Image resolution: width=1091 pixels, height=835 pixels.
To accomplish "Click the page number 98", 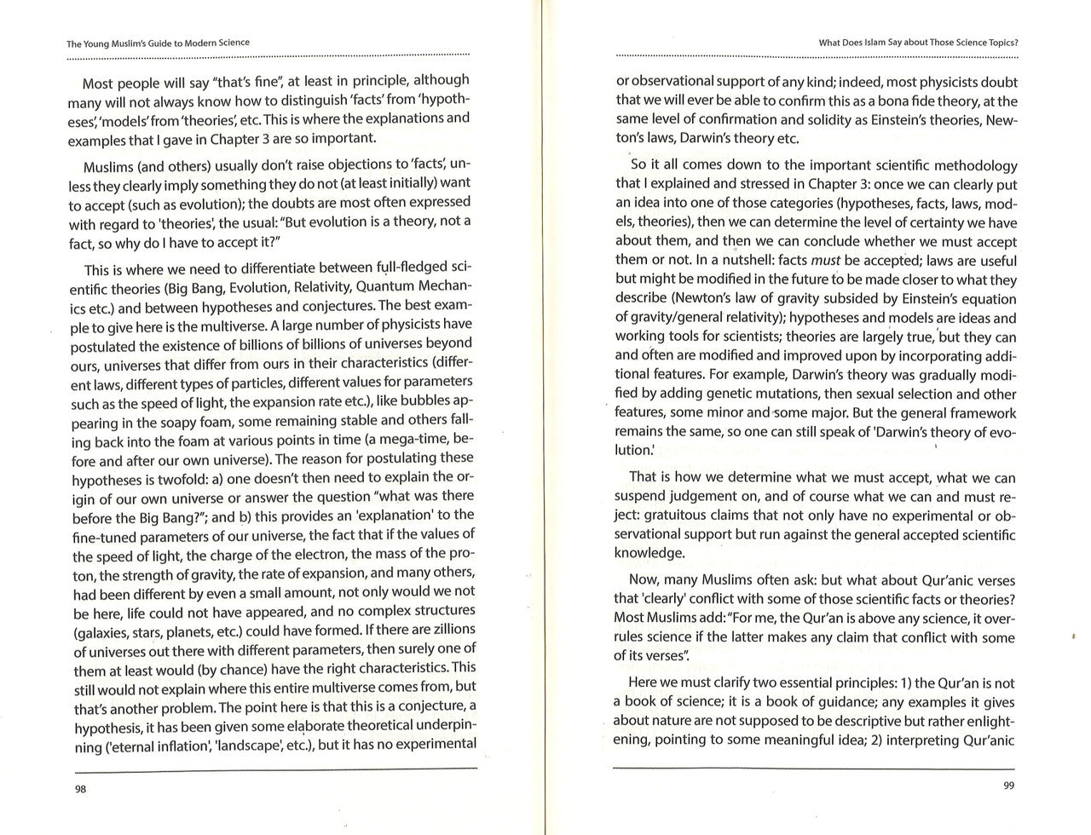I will coord(81,789).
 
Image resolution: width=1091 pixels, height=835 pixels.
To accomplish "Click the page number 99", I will coord(1008,786).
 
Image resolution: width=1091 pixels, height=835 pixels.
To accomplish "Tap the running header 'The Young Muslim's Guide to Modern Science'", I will coord(158,43).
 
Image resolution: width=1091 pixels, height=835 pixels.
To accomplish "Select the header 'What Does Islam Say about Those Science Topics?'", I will coord(918,42).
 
